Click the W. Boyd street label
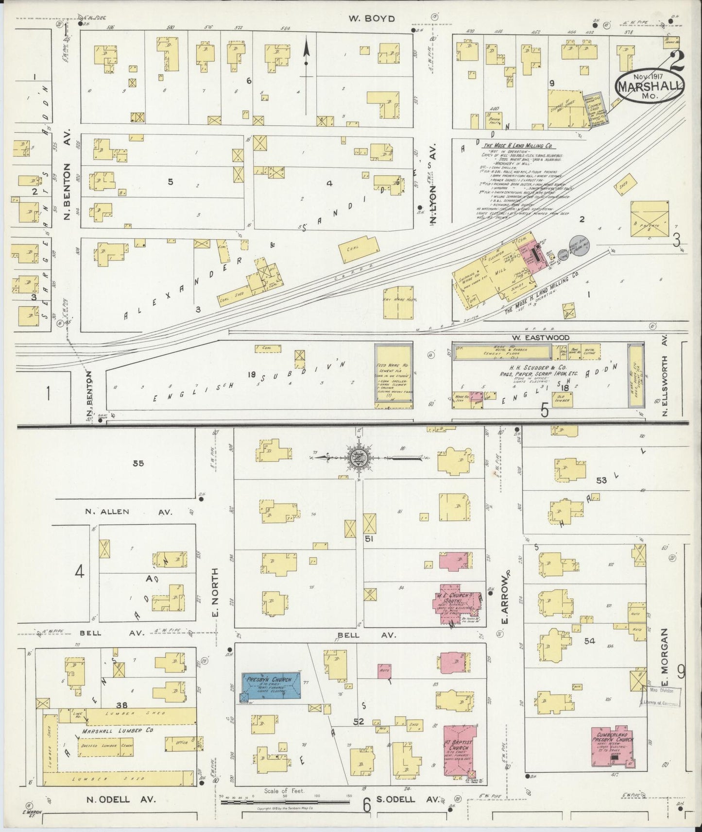click(372, 19)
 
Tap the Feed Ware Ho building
click(394, 375)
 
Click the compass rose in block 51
click(359, 457)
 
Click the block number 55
click(138, 463)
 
